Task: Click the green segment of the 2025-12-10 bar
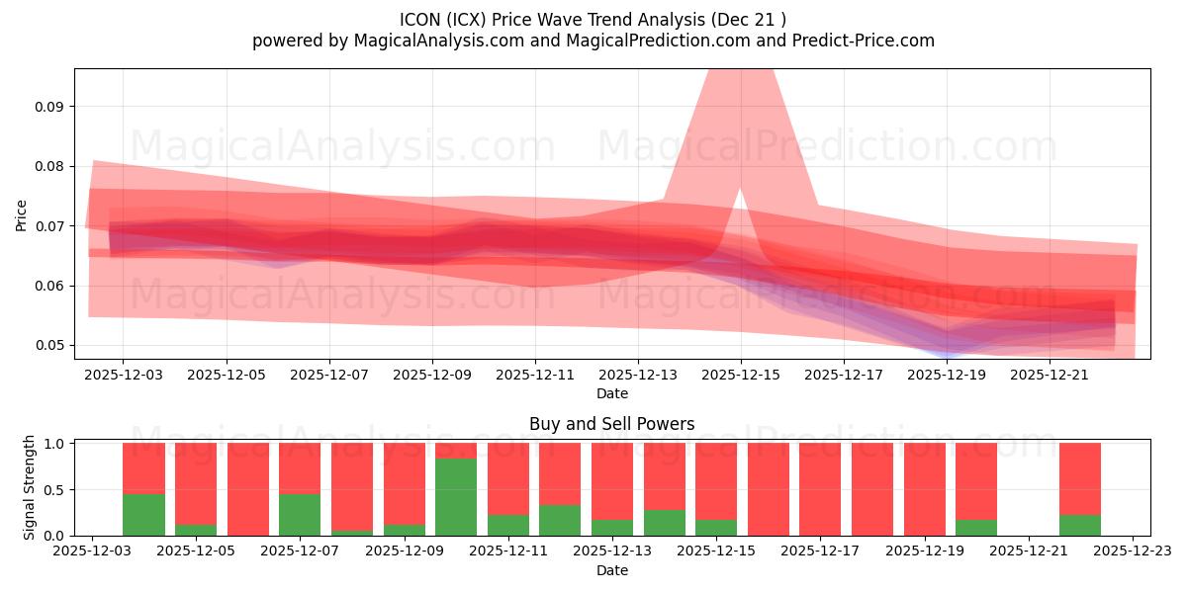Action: [x=456, y=497]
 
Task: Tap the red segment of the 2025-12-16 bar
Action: [x=769, y=489]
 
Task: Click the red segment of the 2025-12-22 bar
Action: [x=1080, y=478]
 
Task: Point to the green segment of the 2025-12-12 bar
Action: [x=560, y=521]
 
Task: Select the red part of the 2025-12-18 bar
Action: [x=872, y=489]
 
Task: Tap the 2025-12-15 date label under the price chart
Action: [x=741, y=376]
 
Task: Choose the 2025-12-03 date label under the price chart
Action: [x=123, y=376]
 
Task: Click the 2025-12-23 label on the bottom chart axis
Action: [x=1133, y=552]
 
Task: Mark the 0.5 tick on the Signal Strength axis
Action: [x=55, y=490]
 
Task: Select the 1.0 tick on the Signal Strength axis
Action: [x=55, y=444]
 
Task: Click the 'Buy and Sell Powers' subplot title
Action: [x=611, y=424]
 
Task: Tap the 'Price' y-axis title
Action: [x=21, y=214]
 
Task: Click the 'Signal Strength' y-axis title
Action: [x=30, y=487]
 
